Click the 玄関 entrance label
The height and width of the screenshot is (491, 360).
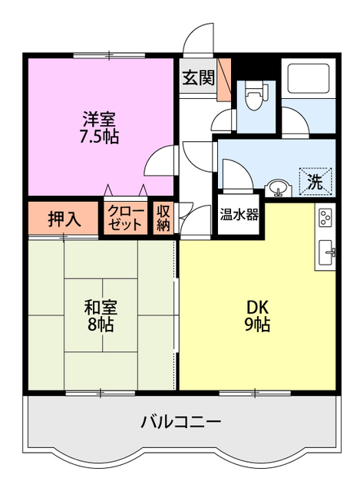[198, 77]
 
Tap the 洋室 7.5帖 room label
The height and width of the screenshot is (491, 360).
[101, 128]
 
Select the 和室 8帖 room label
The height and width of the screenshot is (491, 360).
[99, 315]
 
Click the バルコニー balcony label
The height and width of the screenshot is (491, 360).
[181, 422]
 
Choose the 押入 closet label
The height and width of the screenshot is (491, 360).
[64, 219]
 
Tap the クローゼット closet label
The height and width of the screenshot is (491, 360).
[124, 219]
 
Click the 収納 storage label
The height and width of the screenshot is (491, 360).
[163, 218]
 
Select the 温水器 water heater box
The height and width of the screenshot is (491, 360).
[239, 215]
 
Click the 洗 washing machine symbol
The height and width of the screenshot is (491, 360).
[315, 182]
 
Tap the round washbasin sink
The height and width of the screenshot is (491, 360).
[277, 187]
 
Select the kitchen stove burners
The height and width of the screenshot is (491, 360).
[325, 218]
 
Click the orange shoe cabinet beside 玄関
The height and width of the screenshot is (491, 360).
[223, 81]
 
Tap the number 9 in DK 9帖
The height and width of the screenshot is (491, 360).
[249, 325]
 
